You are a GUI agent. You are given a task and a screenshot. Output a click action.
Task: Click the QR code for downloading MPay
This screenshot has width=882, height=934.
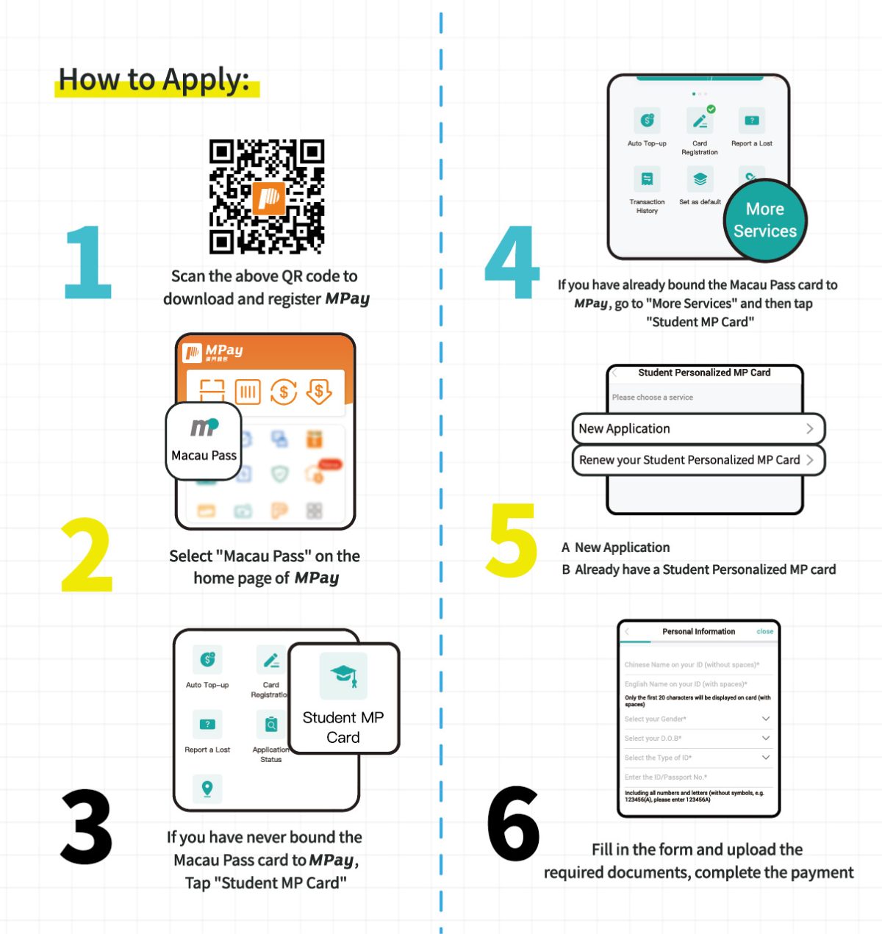(x=266, y=196)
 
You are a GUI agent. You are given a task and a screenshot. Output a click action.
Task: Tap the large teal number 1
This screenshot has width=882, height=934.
(x=89, y=262)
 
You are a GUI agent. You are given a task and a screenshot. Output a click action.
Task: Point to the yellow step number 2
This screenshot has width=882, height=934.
(x=87, y=555)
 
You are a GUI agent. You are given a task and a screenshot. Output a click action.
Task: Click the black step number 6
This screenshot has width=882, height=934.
(x=513, y=823)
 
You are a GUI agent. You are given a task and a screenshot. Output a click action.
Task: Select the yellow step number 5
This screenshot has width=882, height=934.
(x=512, y=540)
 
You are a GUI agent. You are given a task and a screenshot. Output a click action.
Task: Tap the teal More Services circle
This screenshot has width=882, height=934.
(x=764, y=220)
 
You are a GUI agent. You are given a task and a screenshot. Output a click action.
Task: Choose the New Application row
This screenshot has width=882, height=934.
(x=698, y=428)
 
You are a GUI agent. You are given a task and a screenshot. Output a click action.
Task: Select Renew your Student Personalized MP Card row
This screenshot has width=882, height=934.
(x=698, y=460)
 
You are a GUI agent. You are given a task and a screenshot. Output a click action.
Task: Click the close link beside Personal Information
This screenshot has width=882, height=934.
(x=764, y=631)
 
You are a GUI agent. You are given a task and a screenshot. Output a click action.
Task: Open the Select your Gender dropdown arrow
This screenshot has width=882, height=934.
(x=765, y=719)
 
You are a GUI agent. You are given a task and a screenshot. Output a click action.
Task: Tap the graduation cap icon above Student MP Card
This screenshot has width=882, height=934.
(x=343, y=675)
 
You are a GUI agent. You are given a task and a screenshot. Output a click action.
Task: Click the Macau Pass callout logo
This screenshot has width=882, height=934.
(x=204, y=427)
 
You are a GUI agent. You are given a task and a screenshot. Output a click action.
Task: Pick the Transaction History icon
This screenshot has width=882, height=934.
(x=647, y=179)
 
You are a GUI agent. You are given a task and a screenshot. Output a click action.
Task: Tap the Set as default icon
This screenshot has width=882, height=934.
(x=700, y=179)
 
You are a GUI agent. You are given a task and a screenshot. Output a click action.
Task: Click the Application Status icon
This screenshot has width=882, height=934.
(x=271, y=725)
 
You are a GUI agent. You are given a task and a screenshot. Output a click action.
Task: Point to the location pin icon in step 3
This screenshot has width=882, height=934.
(x=207, y=788)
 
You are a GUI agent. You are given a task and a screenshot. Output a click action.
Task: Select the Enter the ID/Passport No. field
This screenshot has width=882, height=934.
(x=697, y=777)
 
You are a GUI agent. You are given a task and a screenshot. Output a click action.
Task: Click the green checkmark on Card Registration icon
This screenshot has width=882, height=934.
(x=711, y=109)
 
